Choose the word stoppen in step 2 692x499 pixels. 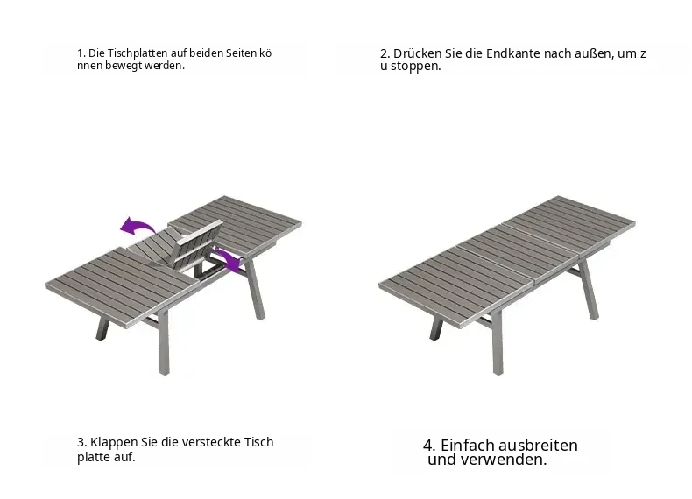[x=416, y=67]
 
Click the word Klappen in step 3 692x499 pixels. [x=114, y=442]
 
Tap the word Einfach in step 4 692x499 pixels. [x=467, y=446]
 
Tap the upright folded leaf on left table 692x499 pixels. [x=195, y=247]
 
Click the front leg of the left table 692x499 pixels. [x=163, y=342]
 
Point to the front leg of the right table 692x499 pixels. [x=498, y=342]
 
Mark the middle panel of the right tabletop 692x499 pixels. [x=518, y=254]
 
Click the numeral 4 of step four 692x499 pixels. [x=427, y=446]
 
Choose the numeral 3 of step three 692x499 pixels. [x=81, y=442]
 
